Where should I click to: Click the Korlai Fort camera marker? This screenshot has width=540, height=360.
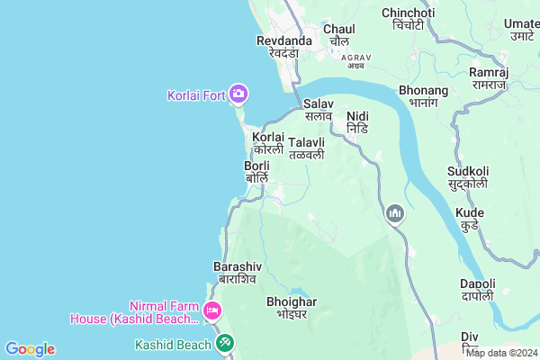pos(238,93)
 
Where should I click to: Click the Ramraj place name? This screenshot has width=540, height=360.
pos(489,77)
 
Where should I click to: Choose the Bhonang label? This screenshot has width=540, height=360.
pos(423,96)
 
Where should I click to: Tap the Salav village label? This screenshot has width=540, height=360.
pos(318,110)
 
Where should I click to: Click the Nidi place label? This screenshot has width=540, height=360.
pos(357,122)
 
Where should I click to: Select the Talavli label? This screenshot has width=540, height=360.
pos(307,148)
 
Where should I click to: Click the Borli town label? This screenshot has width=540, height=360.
pos(256,172)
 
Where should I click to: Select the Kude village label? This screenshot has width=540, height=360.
pos(470,218)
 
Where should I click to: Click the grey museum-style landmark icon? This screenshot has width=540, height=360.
pos(394,213)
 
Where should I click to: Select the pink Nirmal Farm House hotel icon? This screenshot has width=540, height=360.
pos(213,311)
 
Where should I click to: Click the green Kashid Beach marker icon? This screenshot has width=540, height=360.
pos(223,343)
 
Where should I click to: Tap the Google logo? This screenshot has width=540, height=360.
pos(30,349)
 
